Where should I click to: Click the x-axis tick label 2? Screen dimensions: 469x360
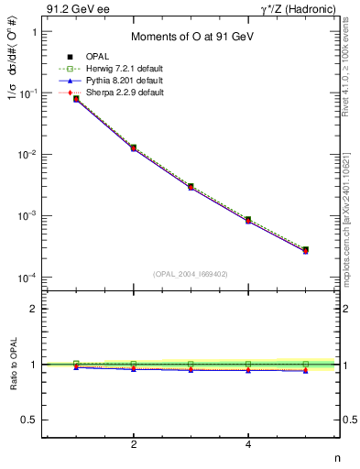click(134, 444)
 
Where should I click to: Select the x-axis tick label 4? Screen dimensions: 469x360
click(248, 444)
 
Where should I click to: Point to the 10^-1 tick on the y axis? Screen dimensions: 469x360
click(27, 93)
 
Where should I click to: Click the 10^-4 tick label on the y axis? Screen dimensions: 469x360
click(27, 278)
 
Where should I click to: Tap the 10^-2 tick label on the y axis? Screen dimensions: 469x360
click(27, 155)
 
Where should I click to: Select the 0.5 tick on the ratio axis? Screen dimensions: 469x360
click(28, 420)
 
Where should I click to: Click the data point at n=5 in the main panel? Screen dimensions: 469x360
click(305, 249)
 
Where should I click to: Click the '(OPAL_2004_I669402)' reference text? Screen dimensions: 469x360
click(191, 273)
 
